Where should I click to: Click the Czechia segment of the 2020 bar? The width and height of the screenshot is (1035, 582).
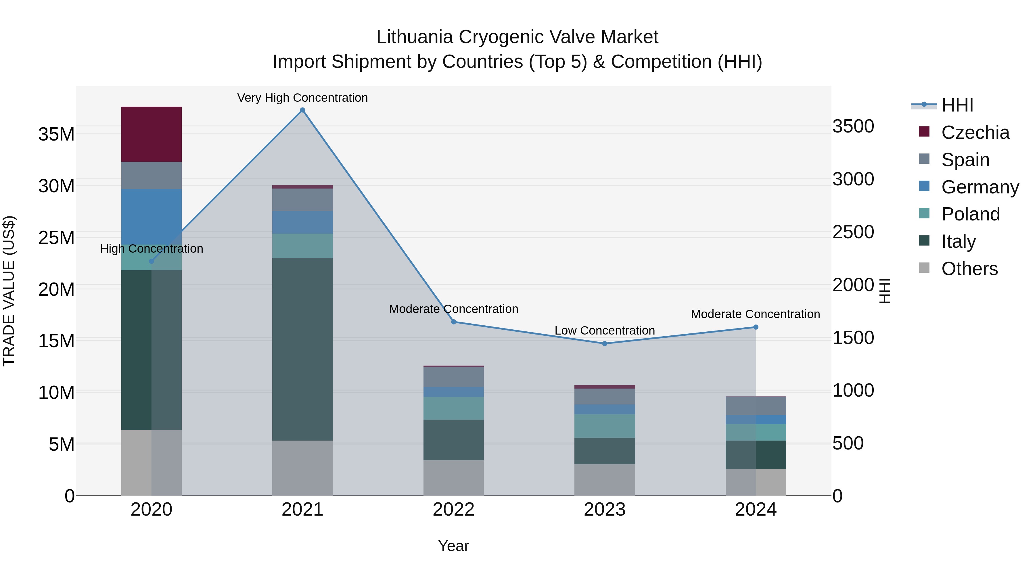[x=152, y=134]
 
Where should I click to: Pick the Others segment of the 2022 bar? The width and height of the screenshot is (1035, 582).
[x=454, y=478]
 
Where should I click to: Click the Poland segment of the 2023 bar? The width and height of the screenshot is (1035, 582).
[x=605, y=426]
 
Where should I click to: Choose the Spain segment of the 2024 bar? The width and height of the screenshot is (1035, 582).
[x=756, y=406]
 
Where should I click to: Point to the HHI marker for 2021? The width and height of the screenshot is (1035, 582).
[x=302, y=110]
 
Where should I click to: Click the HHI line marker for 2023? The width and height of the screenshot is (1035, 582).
[x=605, y=343]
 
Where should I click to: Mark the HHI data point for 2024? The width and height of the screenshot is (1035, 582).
[x=756, y=327]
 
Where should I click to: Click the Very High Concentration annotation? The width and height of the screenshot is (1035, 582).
[x=302, y=98]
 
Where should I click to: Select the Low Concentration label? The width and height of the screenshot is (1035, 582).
[x=605, y=331]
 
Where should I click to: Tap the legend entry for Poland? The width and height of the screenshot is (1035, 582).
[x=970, y=214]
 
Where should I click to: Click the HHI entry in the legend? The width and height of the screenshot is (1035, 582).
[x=957, y=105]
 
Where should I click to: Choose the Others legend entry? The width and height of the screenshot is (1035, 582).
[x=969, y=269]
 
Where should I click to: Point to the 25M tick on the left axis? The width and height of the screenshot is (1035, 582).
[x=56, y=238]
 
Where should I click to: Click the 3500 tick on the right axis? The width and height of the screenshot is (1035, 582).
[x=853, y=126]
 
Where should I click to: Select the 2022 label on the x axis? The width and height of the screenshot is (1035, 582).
[x=454, y=510]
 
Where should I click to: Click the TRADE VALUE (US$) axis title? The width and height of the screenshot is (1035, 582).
[x=9, y=291]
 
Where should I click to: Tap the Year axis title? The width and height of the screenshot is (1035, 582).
[x=454, y=546]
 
